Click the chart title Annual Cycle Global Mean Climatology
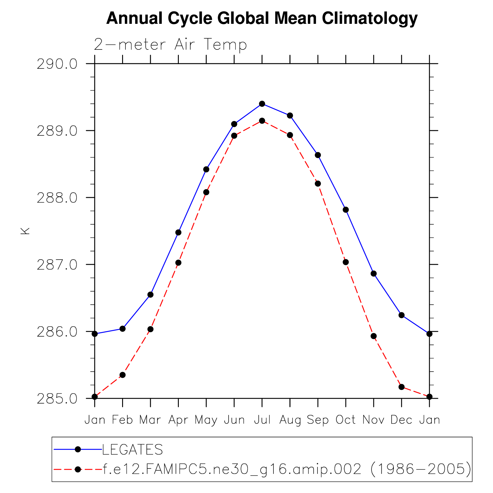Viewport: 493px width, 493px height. coord(262,18)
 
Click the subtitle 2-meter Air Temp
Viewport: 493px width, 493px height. coord(170,45)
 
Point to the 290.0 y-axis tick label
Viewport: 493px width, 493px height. coord(57,64)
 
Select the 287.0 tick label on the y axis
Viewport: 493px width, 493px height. coord(57,265)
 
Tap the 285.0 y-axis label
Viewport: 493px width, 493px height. coord(57,399)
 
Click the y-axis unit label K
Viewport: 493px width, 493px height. coord(25,231)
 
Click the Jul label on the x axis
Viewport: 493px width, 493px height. coord(262,420)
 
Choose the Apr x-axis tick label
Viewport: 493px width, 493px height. coord(178,420)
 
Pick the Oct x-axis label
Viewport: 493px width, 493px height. coord(346,420)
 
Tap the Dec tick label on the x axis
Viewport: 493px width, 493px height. coord(401,420)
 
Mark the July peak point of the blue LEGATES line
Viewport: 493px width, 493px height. coord(262,104)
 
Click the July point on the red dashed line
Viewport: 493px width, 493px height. coord(262,121)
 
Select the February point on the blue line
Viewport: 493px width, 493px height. coord(122,329)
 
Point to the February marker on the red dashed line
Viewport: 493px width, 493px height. coord(122,375)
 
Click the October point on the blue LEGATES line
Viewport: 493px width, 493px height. coord(346,210)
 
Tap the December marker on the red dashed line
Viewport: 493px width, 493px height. coord(401,387)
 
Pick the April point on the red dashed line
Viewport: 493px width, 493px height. coord(178,263)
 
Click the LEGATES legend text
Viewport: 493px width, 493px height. coord(133,450)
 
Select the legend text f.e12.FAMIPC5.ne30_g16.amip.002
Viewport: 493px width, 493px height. coord(232,469)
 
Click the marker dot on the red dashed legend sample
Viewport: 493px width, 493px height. coord(78,469)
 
